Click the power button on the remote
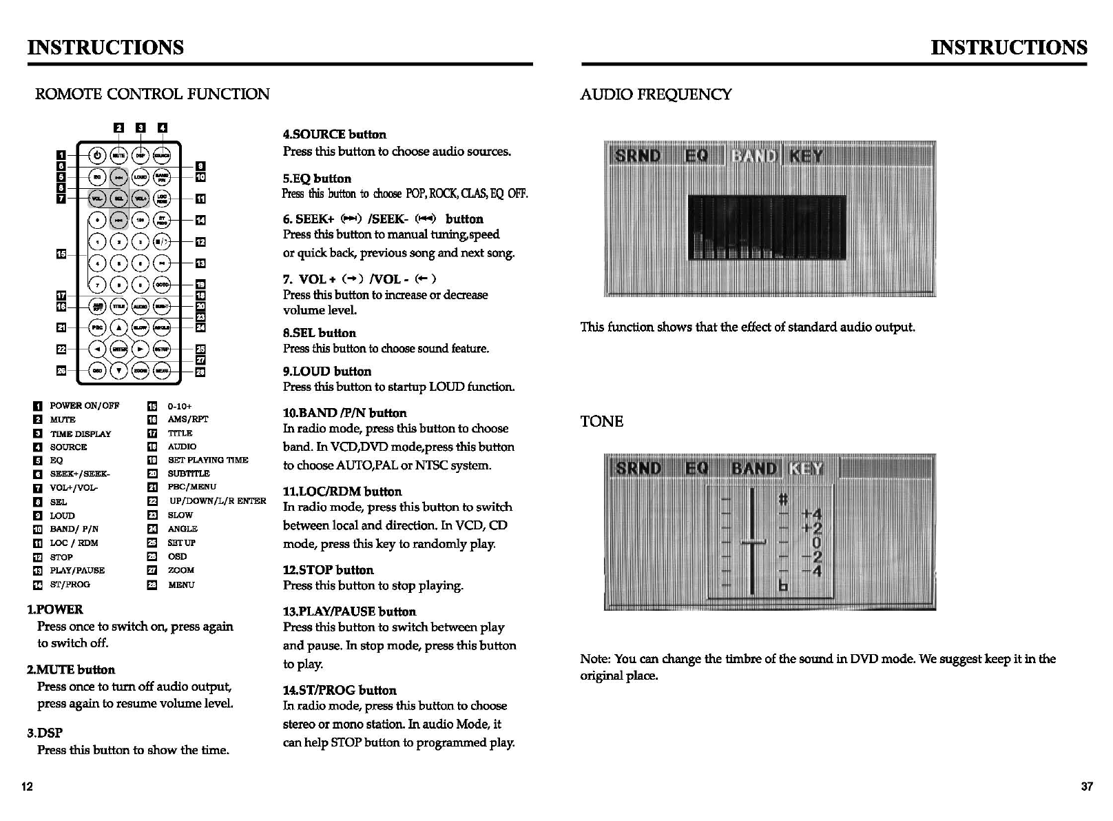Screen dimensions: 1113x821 click(98, 156)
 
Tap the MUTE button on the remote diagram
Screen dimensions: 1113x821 click(119, 156)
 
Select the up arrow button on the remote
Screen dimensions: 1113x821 click(119, 327)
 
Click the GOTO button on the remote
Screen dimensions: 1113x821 click(162, 284)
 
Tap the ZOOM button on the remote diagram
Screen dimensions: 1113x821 click(141, 371)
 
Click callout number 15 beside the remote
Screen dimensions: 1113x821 click(61, 254)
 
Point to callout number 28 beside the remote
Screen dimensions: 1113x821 click(200, 372)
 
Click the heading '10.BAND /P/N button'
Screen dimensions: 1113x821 click(344, 413)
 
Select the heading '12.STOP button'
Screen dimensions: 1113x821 click(328, 570)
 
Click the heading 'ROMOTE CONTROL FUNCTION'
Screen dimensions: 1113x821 click(152, 94)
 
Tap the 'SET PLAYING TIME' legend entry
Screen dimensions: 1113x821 click(207, 460)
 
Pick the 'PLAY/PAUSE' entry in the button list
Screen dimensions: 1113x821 click(77, 570)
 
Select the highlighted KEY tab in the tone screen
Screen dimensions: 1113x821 click(806, 469)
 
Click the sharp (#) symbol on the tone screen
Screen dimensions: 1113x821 click(783, 498)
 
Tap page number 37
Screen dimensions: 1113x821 click(1086, 787)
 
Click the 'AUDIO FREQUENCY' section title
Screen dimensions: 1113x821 click(656, 94)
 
